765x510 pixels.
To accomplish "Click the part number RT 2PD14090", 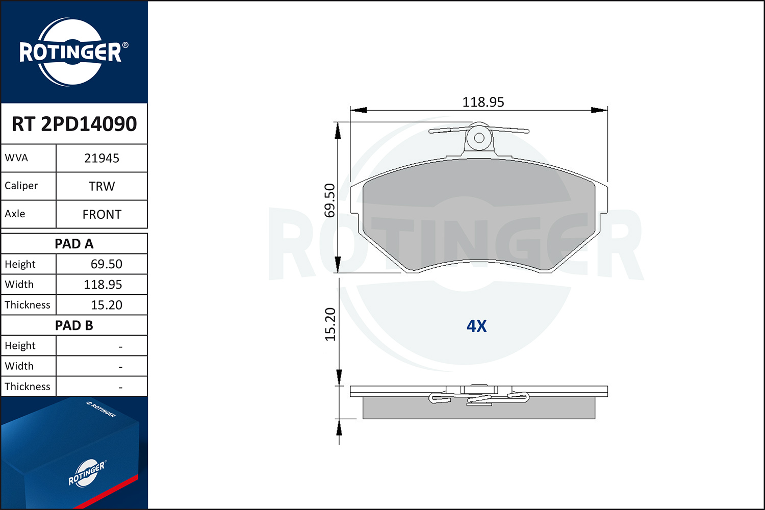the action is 74,123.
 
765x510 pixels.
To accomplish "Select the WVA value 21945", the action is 102,158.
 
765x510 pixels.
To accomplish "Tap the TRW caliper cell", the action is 102,186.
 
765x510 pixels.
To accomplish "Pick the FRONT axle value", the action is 102,215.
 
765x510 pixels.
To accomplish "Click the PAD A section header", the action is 74,244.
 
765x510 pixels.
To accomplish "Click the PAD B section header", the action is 74,325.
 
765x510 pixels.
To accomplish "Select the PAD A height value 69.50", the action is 106,264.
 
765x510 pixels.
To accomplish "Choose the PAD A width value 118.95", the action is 103,285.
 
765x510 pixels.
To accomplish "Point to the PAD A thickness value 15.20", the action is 106,305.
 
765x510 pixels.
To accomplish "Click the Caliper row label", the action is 21,186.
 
